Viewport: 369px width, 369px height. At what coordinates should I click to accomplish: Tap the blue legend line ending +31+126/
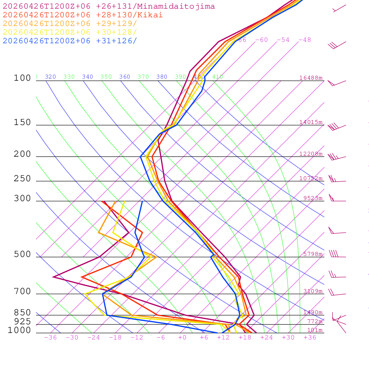[70, 41]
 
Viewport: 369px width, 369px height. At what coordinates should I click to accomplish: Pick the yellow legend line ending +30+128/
[70, 32]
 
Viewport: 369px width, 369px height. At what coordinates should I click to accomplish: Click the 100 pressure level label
[22, 78]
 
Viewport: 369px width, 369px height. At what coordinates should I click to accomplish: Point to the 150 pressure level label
[22, 123]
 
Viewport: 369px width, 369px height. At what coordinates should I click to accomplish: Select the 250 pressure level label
[22, 179]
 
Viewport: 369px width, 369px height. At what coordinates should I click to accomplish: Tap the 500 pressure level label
[22, 254]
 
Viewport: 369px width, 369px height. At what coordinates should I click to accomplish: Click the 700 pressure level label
[22, 292]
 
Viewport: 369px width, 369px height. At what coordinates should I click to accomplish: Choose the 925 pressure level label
[22, 321]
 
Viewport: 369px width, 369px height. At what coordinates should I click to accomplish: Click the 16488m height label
[311, 78]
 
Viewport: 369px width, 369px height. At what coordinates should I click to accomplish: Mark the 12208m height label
[311, 154]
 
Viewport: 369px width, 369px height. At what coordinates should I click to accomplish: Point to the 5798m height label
[312, 254]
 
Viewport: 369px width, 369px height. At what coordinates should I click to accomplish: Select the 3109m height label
[312, 291]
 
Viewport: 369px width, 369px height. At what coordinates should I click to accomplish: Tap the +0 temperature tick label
[182, 337]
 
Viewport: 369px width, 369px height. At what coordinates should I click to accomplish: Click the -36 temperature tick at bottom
[50, 337]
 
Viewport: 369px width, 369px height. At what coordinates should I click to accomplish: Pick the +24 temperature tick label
[266, 337]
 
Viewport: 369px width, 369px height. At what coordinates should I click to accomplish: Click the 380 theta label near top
[162, 77]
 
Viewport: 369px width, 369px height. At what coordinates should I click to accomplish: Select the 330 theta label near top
[69, 77]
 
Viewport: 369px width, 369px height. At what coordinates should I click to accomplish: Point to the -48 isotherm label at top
[304, 40]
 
